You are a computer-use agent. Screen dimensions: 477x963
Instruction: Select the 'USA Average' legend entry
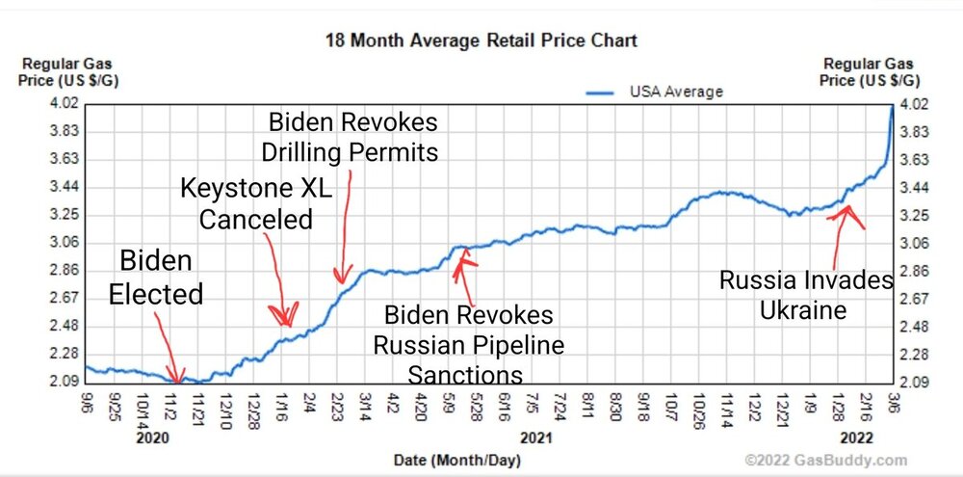click(675, 92)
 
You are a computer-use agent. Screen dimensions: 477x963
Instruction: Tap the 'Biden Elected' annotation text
click(156, 277)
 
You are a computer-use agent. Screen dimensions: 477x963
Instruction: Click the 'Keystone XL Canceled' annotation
click(256, 202)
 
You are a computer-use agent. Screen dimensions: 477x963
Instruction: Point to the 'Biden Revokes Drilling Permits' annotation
click(351, 137)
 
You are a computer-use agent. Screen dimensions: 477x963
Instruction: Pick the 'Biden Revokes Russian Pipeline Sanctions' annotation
click(469, 344)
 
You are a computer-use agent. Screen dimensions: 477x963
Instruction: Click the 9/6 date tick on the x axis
click(88, 401)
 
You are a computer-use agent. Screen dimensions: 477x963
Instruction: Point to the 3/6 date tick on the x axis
click(894, 401)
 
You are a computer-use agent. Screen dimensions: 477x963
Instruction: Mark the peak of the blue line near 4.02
click(892, 106)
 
